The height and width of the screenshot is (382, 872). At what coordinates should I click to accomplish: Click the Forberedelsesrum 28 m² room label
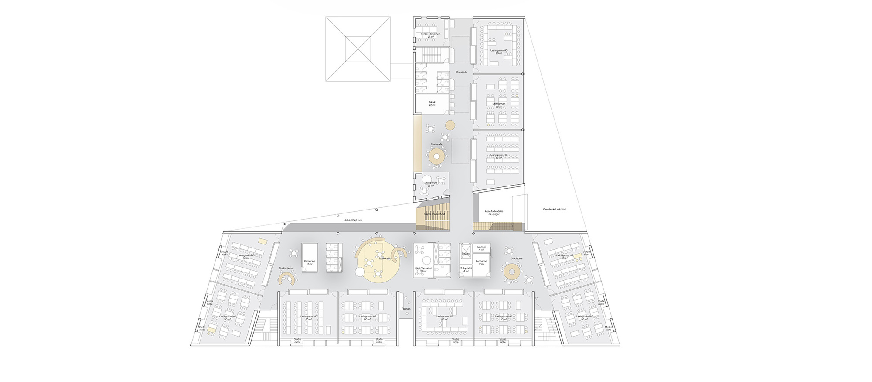(x=430, y=35)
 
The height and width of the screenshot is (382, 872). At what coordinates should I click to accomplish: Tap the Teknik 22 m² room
(x=432, y=103)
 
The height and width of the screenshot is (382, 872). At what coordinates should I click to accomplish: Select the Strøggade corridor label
(x=461, y=72)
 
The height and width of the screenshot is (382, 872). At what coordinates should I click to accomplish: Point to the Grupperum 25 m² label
(x=430, y=184)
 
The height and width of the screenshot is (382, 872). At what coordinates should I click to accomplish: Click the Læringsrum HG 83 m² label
(x=499, y=156)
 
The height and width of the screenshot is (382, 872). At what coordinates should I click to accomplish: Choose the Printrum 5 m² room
(x=481, y=248)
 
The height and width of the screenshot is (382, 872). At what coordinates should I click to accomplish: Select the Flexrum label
(x=406, y=309)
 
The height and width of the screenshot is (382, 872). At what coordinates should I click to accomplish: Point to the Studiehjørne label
(x=286, y=268)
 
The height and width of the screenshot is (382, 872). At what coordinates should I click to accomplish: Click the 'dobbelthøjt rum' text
(x=353, y=220)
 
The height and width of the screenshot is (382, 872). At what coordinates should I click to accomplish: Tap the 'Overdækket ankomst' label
(x=554, y=209)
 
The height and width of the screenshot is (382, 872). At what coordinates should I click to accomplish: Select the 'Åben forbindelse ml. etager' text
(x=494, y=213)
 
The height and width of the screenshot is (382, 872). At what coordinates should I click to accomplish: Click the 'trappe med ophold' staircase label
(x=434, y=214)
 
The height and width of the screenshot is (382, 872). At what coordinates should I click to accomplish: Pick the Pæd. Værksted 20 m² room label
(x=423, y=269)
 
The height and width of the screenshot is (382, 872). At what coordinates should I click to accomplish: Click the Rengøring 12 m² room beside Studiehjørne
(x=309, y=262)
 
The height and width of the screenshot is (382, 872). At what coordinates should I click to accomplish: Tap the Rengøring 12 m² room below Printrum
(x=481, y=262)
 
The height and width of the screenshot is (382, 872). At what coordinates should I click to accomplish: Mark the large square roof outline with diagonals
(x=358, y=48)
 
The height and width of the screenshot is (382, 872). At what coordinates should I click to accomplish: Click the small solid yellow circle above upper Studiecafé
(x=450, y=126)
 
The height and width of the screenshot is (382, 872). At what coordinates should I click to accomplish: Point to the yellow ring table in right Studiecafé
(x=512, y=272)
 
